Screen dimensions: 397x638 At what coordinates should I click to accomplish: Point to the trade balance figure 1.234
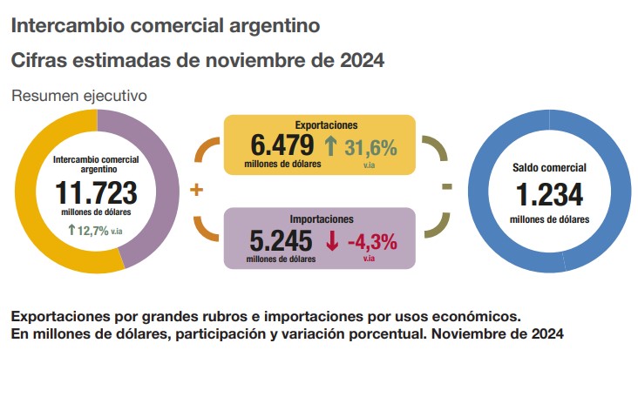point(549,193)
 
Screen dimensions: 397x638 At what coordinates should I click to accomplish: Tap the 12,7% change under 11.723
point(93,231)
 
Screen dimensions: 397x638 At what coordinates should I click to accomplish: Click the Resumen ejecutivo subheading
point(78,96)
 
